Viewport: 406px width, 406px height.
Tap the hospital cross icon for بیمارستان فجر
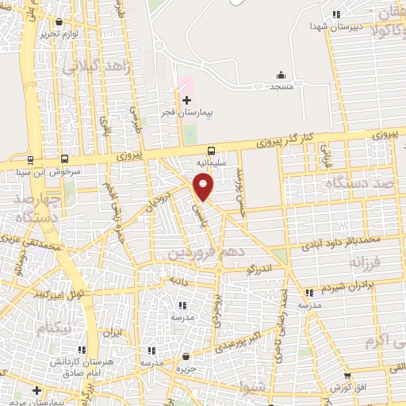pyautogui.click(x=186, y=101)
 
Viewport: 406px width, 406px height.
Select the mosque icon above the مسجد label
pyautogui.click(x=280, y=74)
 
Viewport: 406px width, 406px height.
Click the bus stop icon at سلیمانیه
pyautogui.click(x=211, y=150)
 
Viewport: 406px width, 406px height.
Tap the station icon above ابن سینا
pyautogui.click(x=30, y=159)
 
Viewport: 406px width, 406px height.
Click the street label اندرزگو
pyautogui.click(x=260, y=269)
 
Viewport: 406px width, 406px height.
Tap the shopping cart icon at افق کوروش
pyautogui.click(x=347, y=376)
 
